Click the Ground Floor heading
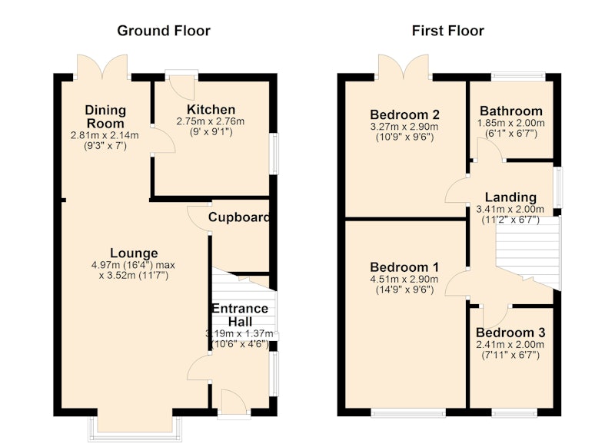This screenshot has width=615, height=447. point(164,31)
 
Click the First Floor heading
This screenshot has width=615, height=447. point(447,31)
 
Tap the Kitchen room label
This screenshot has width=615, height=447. point(211,109)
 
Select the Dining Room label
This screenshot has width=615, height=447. point(105,117)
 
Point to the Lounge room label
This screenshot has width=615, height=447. point(134,253)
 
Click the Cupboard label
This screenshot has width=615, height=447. point(239,217)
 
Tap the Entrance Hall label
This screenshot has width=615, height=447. point(240,315)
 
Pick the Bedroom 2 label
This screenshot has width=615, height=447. point(404,114)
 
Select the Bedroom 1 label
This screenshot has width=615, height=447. point(404,267)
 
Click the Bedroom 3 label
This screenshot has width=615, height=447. point(510,333)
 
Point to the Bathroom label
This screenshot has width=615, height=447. point(511,111)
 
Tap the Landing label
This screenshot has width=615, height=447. point(510,197)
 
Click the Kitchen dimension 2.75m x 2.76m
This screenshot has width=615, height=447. point(211,121)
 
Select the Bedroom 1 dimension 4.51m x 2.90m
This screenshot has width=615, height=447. point(404,280)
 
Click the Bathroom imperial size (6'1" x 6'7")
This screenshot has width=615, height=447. point(511,133)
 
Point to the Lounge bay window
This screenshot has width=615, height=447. point(135,429)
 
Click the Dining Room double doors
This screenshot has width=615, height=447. point(102,67)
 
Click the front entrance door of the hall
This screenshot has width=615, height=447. point(234,402)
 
